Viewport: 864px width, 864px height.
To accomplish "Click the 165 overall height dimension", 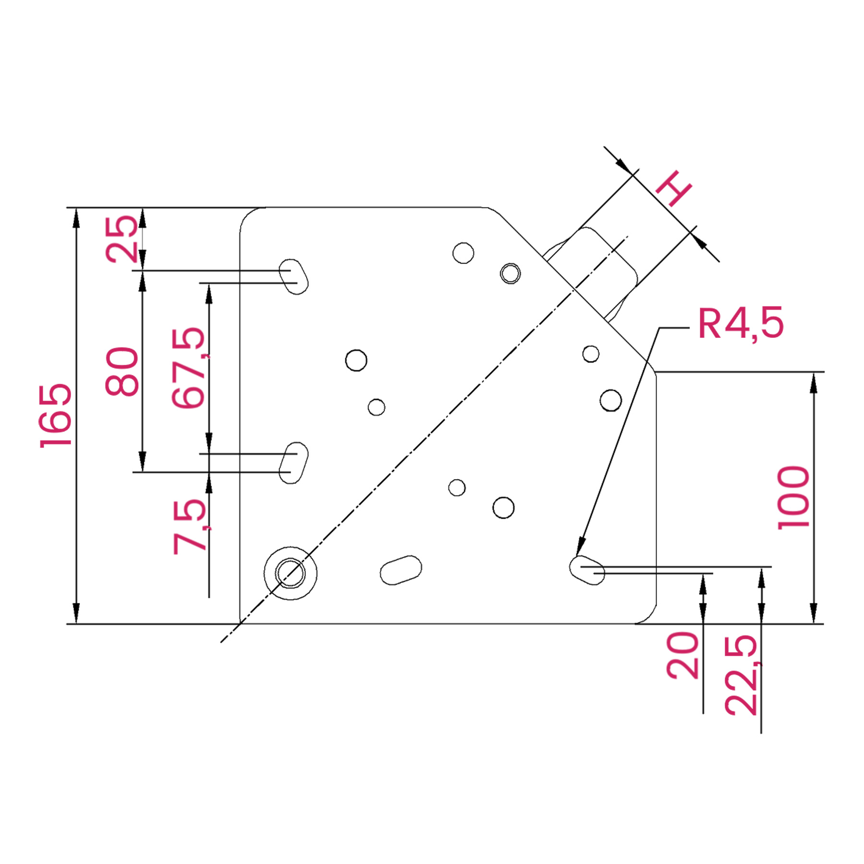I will coord(55,416).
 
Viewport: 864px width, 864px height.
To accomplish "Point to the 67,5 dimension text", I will coord(189,368).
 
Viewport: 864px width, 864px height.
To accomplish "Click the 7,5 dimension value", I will coord(190,527).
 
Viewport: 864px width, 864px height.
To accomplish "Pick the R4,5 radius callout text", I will coord(740,324).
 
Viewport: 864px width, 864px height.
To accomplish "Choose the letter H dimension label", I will coord(673,188).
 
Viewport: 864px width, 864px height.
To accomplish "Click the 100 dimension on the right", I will coord(793,497).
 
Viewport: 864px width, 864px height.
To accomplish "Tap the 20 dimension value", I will coord(683,655).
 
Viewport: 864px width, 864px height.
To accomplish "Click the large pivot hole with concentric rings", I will coord(290,573).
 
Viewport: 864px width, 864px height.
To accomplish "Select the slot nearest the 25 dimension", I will coord(293,276).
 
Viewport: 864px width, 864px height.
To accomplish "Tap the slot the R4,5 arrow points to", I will coord(587,570).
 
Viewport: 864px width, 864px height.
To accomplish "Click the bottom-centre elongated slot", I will coord(401,570).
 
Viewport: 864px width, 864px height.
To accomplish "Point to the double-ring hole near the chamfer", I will coord(510,274).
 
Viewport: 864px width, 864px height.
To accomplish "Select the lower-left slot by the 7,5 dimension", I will coord(293,463).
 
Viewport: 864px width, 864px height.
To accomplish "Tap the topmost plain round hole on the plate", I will coord(463,253).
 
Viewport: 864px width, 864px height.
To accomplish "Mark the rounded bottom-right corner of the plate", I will coord(649,616).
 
